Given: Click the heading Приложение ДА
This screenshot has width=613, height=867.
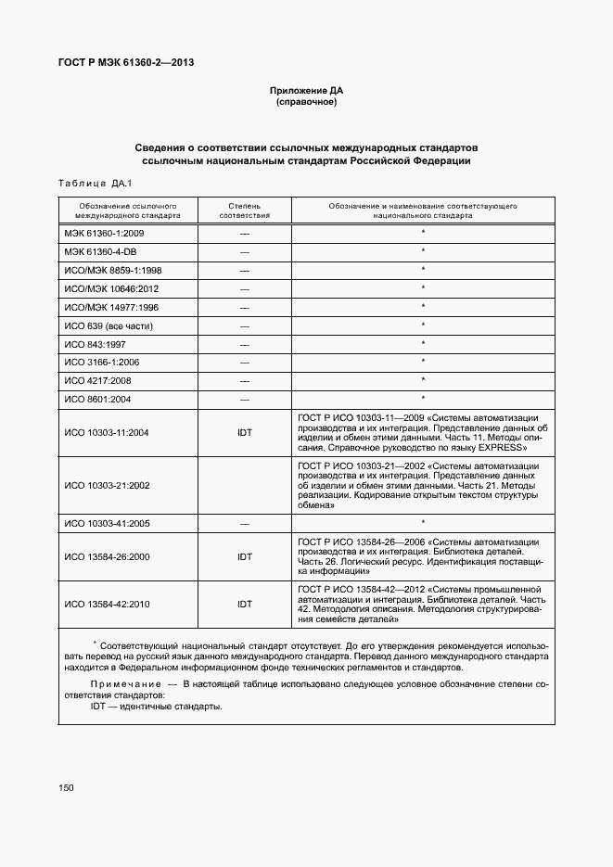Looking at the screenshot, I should click(306, 90).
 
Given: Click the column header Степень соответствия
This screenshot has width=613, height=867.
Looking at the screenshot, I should click(245, 209).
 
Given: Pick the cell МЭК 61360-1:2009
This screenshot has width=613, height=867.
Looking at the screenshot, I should click(104, 233).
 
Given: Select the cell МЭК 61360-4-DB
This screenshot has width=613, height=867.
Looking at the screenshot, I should click(101, 251).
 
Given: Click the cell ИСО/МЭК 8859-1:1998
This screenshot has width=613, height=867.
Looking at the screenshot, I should click(113, 270).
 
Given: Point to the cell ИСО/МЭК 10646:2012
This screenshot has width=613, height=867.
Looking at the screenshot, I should click(113, 288).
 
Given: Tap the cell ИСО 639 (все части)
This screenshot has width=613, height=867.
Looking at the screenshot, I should click(109, 325).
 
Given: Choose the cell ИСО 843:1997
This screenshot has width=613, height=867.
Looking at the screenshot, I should click(96, 343).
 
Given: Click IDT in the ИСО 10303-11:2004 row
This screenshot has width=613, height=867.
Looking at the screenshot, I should click(245, 433).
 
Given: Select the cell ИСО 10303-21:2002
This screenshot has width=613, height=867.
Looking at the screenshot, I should click(107, 485).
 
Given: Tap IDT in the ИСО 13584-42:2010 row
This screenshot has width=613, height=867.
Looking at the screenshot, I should click(245, 605).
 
